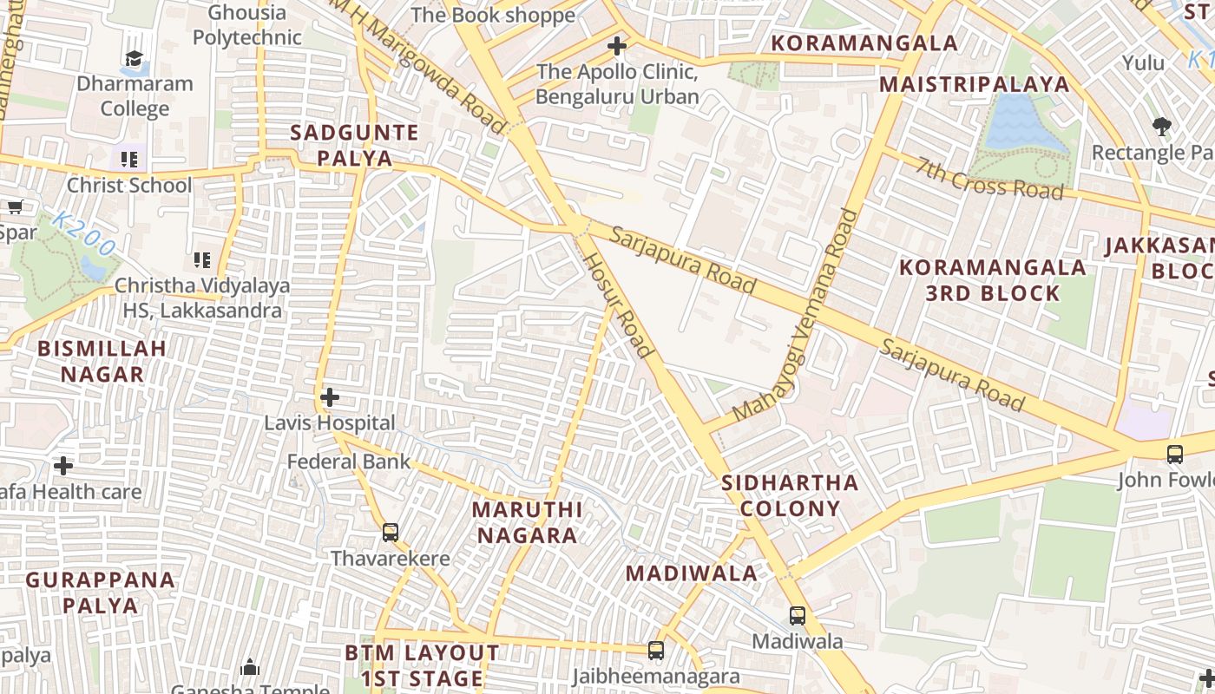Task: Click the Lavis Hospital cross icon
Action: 329,397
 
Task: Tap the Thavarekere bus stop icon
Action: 391,532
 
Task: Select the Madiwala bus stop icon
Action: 797,616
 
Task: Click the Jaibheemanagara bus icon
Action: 656,650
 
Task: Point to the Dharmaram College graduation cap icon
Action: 134,59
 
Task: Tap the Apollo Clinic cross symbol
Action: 617,45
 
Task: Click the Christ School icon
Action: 129,160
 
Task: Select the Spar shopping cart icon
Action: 15,206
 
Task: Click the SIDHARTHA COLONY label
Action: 790,495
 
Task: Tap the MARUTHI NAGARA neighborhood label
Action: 527,521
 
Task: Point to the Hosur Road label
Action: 617,305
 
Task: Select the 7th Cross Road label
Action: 989,178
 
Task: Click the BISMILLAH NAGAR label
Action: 102,361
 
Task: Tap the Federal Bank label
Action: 349,462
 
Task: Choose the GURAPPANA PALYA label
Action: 100,592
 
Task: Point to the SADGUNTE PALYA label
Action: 354,145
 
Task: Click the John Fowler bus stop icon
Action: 1174,454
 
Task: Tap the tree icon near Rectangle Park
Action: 1162,127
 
